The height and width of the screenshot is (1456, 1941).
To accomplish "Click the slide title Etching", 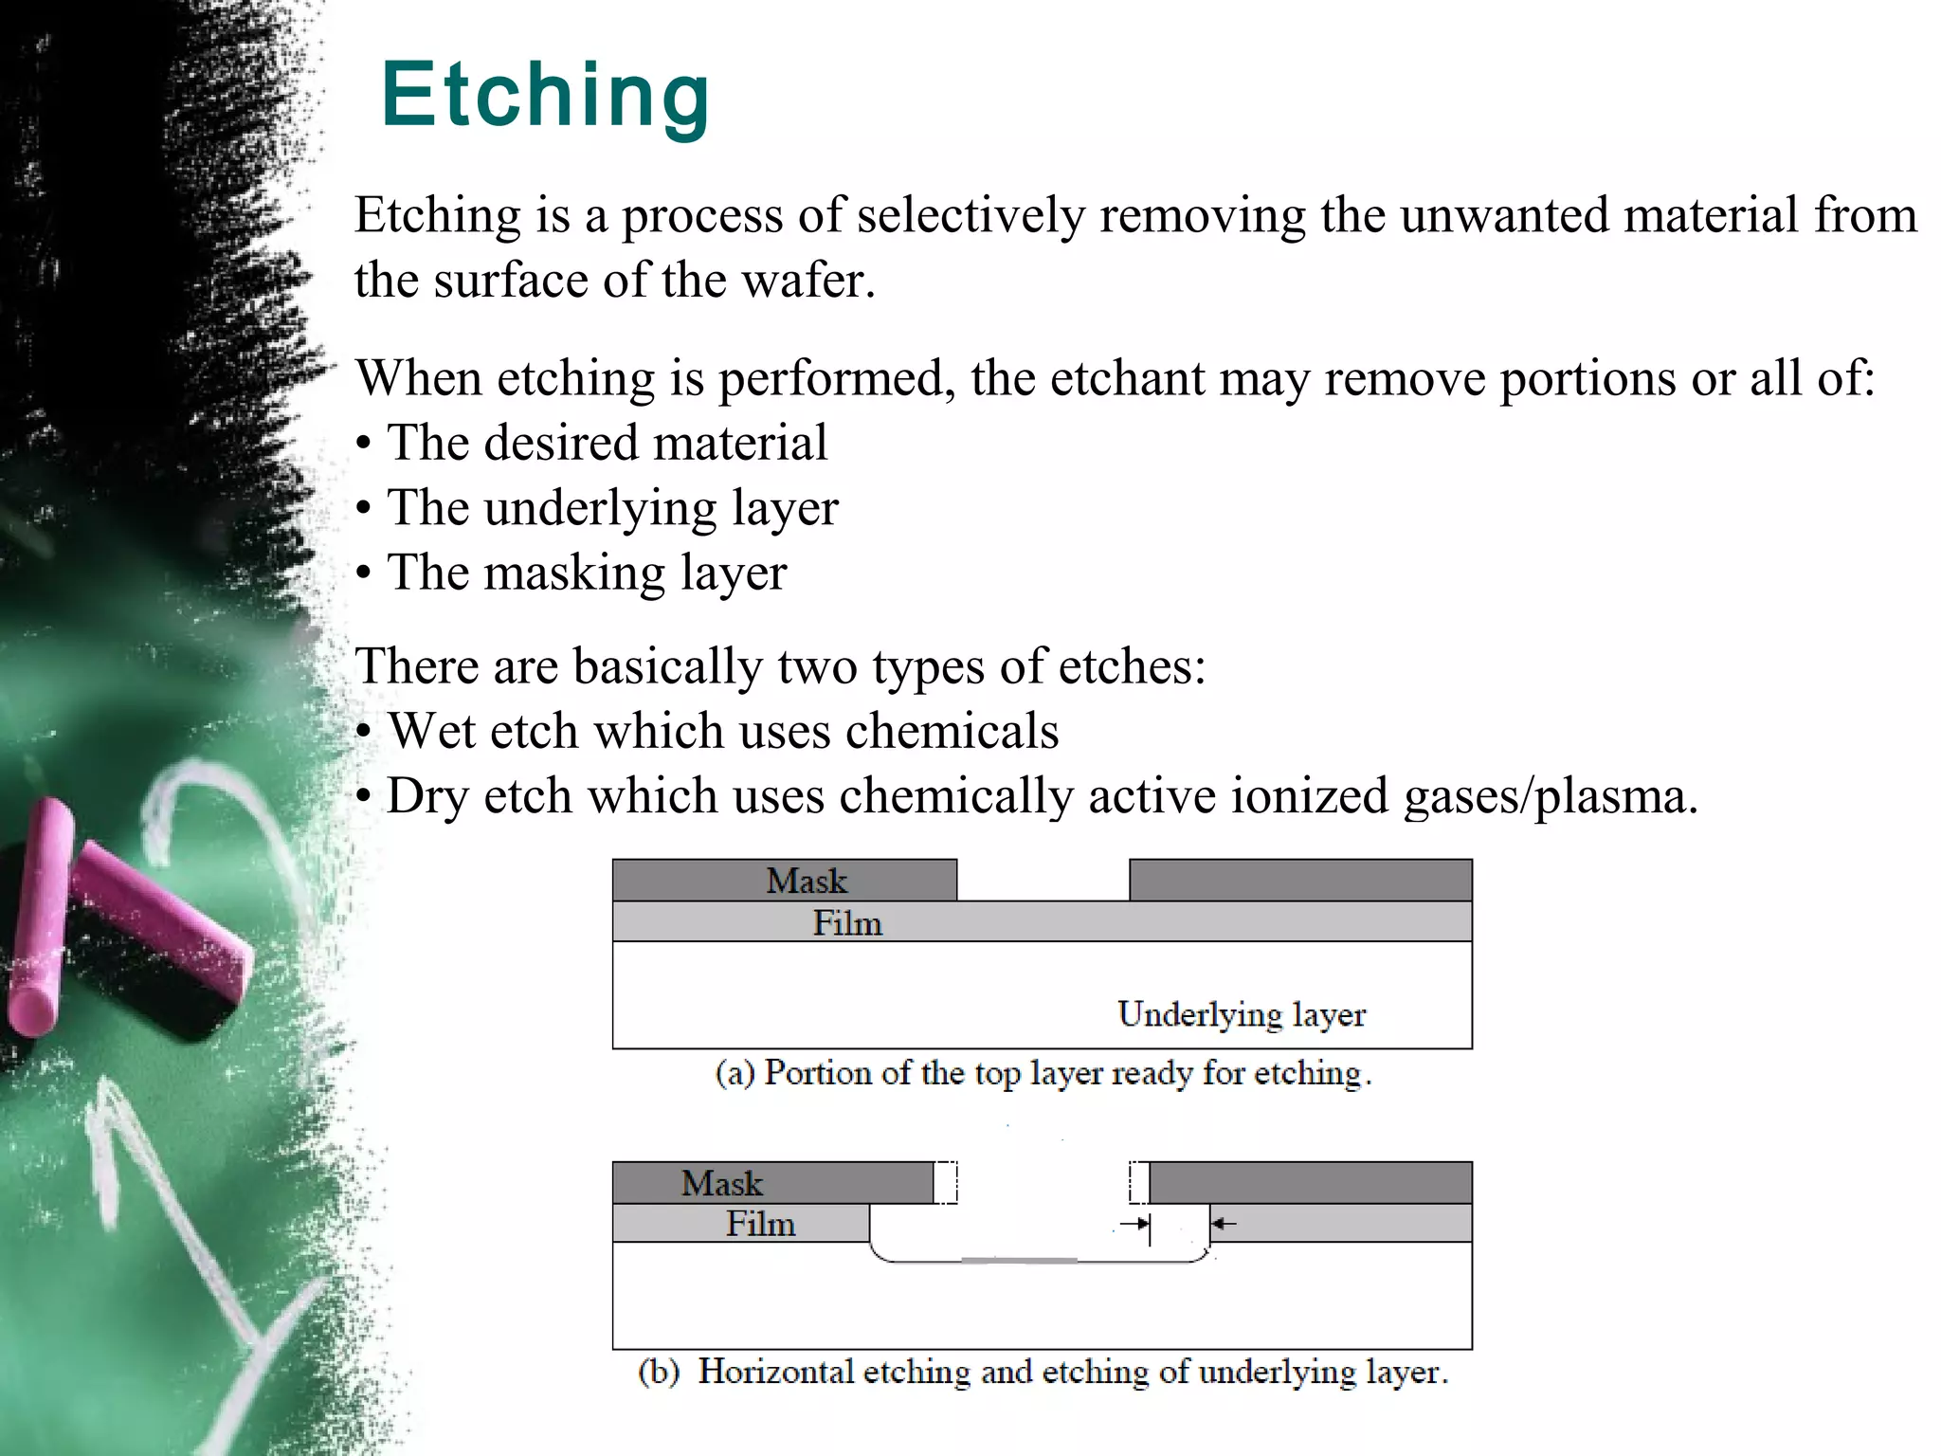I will click(x=545, y=95).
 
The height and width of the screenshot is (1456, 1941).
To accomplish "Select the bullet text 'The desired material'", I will click(x=607, y=443).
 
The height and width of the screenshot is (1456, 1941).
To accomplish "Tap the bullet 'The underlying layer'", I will click(x=612, y=508).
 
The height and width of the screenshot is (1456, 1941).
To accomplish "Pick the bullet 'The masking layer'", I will click(x=587, y=573).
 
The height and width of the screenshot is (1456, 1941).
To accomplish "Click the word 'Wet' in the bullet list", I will click(x=431, y=731).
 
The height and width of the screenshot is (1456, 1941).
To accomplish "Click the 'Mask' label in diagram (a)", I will click(x=806, y=881).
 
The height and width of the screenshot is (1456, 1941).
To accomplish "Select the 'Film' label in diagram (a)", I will click(x=847, y=922).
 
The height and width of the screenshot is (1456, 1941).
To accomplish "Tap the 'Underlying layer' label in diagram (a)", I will click(x=1241, y=1014).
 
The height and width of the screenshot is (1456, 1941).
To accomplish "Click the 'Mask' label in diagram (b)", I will click(x=721, y=1183).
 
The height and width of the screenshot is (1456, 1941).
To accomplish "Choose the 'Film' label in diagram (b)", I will click(x=760, y=1224).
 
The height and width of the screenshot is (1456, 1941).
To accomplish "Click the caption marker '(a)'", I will click(x=735, y=1073).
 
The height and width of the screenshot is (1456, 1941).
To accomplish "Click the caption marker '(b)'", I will click(x=659, y=1373).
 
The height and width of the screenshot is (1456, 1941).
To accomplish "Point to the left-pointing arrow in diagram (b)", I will click(x=1224, y=1224).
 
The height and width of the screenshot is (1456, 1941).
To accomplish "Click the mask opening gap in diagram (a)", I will click(x=1043, y=880).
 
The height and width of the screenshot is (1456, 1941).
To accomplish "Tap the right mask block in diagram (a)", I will click(x=1300, y=880).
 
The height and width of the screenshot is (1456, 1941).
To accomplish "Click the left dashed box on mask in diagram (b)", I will click(x=946, y=1183).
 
